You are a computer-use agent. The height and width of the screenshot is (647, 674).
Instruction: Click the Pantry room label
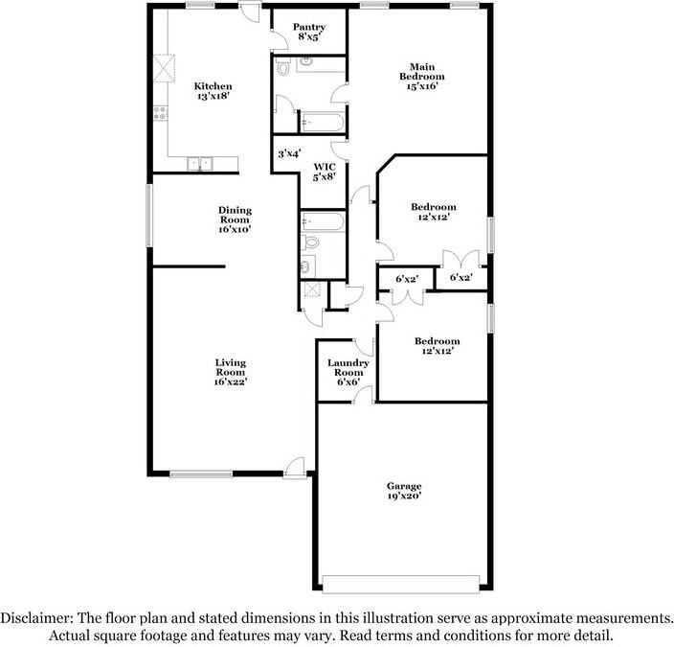pos(309,32)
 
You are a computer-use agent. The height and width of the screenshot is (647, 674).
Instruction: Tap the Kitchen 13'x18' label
pos(213,91)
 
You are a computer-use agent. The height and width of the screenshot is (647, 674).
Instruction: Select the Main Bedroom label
pos(421,76)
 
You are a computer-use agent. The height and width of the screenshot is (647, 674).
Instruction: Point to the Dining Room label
pos(235,220)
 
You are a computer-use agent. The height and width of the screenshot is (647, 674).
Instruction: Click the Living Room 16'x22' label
pos(231,372)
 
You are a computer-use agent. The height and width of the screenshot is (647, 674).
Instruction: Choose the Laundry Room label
pos(348,372)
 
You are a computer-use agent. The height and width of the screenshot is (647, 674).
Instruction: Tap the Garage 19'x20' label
pos(404,491)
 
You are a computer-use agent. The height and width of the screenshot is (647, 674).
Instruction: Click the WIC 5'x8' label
pos(325,172)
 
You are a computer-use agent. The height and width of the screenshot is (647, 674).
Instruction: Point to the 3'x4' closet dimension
pos(289,153)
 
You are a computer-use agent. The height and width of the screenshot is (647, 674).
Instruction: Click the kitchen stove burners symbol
pos(160,113)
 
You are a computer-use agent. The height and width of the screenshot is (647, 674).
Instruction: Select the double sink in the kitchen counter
pos(200,164)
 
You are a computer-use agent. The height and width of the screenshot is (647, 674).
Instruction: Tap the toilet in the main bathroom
pos(282,67)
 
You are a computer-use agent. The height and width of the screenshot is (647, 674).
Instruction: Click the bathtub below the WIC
pos(323,221)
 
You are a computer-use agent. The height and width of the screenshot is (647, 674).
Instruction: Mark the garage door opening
pos(400,585)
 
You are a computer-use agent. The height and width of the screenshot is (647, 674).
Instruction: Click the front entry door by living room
pos(295,469)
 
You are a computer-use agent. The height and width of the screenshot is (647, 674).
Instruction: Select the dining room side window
pos(149,216)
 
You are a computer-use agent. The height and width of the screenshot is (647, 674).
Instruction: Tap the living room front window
pos(201,474)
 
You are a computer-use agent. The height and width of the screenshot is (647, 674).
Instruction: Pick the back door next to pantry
pos(250,12)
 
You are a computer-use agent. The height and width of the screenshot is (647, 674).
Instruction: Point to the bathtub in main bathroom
pos(323,123)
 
